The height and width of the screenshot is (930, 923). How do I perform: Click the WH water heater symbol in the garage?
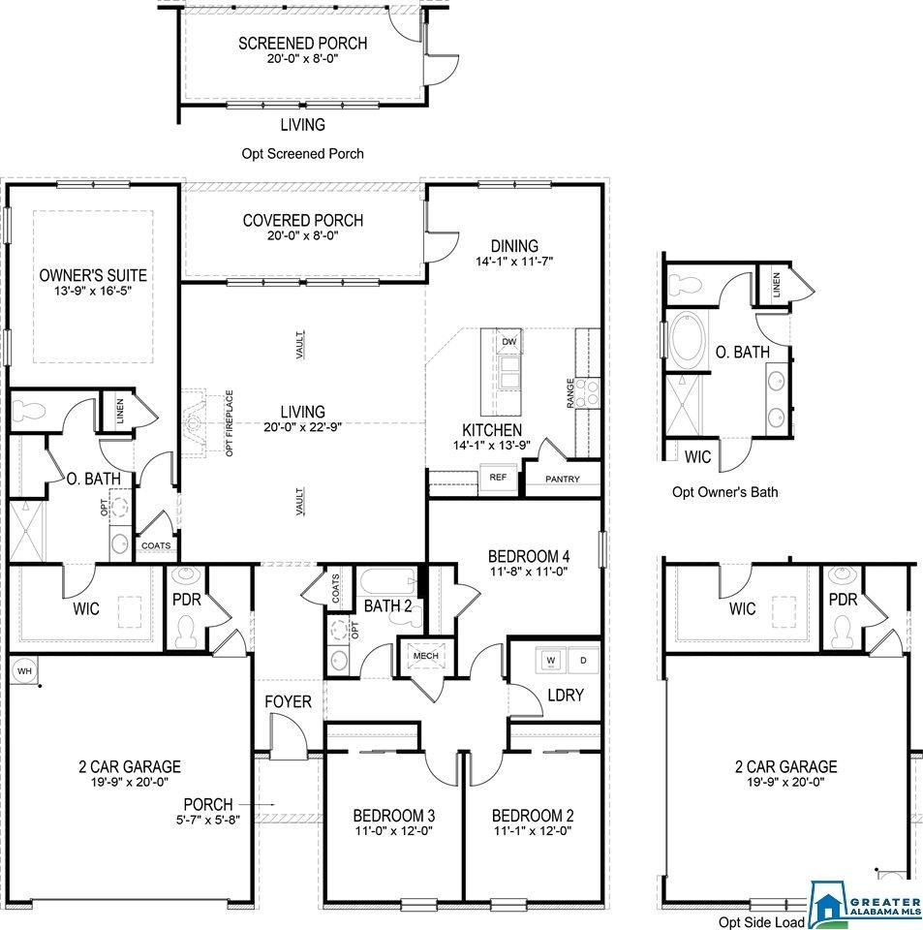pos(24,670)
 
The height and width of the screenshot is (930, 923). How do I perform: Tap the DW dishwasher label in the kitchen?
pos(509,342)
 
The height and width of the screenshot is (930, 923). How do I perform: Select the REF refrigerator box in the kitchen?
pos(498,477)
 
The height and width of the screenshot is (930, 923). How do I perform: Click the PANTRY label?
pos(563,479)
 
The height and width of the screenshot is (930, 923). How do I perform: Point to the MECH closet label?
pos(425,656)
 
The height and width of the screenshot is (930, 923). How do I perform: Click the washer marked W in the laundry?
pos(551,661)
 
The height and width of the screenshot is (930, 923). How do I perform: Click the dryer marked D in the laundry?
pos(583,661)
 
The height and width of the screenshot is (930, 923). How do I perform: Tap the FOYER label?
pos(288,701)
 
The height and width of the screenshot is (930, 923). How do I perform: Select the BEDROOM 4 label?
pos(529,556)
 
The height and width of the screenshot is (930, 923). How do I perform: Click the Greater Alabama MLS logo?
pos(866,905)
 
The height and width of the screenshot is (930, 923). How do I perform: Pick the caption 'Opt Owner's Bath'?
pos(725,492)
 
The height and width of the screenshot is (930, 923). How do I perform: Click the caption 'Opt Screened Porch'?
pos(302,154)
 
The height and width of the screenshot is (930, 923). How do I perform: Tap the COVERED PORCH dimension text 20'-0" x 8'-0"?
pos(302,235)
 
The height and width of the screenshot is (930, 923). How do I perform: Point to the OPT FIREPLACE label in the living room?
pos(230,423)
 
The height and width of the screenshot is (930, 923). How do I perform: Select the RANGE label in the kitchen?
pos(570,393)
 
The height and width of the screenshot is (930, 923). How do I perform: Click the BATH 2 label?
pos(387,606)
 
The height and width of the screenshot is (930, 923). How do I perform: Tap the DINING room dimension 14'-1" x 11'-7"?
pos(514,261)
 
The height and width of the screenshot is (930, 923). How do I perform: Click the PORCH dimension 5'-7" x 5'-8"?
pos(208,821)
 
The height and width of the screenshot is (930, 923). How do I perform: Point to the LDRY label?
pos(566,695)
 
